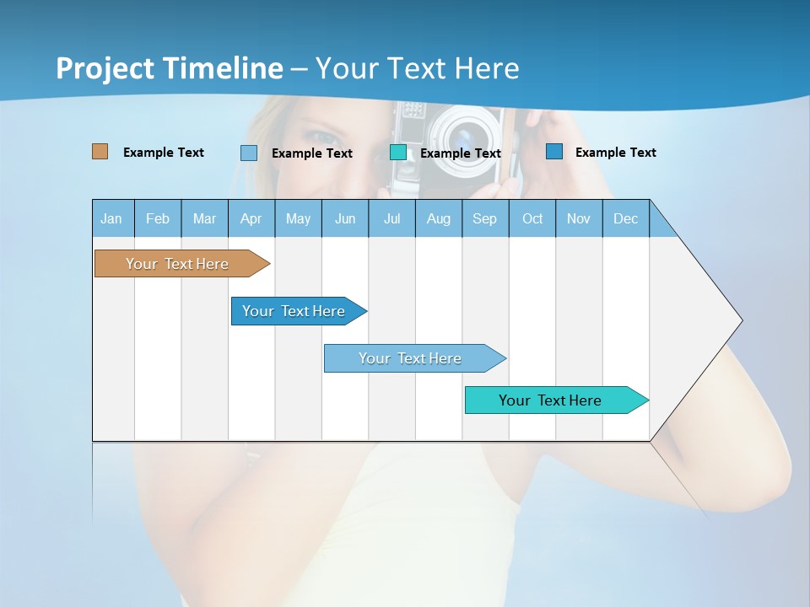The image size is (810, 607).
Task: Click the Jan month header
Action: tap(112, 218)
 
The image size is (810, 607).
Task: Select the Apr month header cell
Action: tap(251, 218)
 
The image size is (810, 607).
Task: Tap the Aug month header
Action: tap(439, 218)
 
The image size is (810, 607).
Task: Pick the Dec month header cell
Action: tap(626, 218)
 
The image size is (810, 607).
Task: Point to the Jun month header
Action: tap(345, 218)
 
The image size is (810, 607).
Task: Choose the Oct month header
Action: tap(532, 218)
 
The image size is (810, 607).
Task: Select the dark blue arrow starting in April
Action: tap(295, 311)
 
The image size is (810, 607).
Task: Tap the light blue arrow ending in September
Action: tap(411, 358)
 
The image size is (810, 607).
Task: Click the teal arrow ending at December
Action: tap(553, 400)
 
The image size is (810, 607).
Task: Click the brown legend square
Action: tap(100, 152)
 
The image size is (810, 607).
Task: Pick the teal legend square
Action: tap(398, 153)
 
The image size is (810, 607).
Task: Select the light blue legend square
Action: tap(249, 153)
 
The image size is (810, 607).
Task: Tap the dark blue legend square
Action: tap(553, 152)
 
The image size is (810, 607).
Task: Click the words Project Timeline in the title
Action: tap(170, 68)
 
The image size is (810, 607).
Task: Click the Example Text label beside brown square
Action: tap(164, 153)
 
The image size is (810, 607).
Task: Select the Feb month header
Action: tap(158, 218)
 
